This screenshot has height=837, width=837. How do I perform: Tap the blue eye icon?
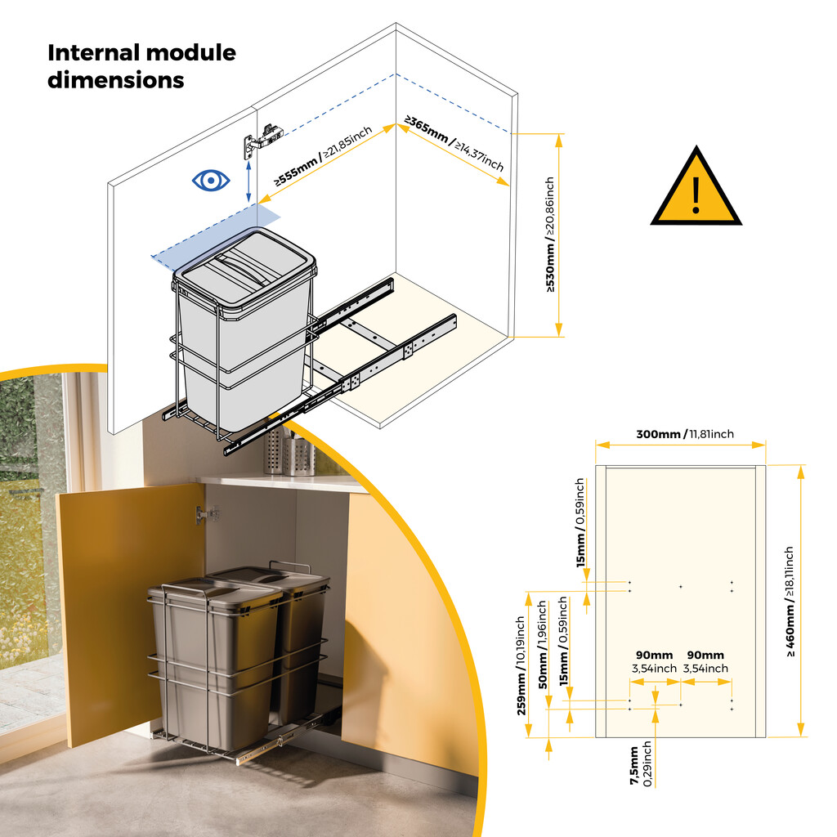211,180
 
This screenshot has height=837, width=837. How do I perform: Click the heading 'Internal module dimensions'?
141,66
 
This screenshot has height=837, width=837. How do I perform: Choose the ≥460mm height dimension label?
790,602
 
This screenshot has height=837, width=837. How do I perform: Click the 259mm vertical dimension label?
521,666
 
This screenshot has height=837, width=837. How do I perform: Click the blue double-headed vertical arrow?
248,180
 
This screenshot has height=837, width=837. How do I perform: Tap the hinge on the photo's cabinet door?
206,514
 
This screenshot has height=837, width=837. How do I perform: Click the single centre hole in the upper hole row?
681,586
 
